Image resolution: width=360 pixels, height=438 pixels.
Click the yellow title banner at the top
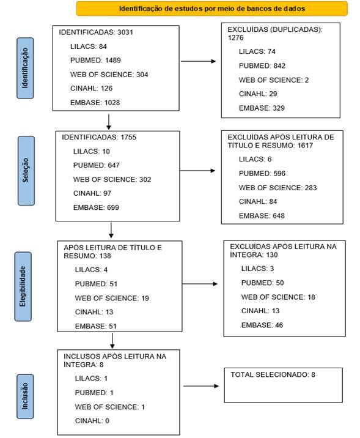click(212, 9)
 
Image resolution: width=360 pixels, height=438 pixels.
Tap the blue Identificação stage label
click(25, 68)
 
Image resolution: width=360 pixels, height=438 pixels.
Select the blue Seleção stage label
click(26, 171)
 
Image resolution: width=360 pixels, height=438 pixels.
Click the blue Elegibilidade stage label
click(23, 286)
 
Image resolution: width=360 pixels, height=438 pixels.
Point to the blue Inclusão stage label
click(25, 396)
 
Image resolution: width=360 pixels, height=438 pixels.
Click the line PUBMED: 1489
click(95, 61)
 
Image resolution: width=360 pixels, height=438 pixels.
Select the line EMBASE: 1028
click(95, 103)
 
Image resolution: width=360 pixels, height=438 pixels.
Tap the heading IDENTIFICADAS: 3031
click(96, 32)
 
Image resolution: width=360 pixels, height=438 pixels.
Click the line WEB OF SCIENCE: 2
click(274, 80)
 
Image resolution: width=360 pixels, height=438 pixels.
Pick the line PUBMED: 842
click(262, 65)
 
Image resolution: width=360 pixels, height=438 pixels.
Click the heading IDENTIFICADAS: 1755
click(99, 137)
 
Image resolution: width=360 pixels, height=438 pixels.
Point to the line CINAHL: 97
click(92, 193)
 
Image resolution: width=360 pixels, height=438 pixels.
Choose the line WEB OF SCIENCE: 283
click(277, 188)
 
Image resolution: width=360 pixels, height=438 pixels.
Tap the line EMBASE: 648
click(262, 216)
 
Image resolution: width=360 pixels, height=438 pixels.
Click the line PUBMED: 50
click(263, 283)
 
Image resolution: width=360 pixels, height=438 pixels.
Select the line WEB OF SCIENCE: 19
click(112, 298)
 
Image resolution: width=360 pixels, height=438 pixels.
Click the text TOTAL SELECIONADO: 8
click(273, 374)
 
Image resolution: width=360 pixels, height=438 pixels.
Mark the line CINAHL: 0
click(92, 421)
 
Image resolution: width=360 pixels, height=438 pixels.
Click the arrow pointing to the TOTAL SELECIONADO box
click(201, 386)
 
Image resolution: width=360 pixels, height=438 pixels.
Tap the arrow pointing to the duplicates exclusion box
click(199, 61)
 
